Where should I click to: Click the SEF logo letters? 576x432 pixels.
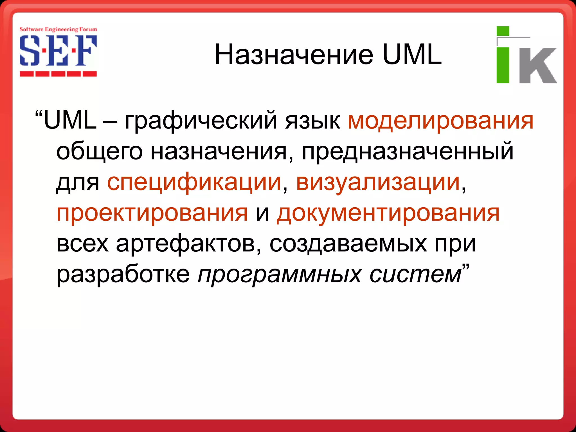[x=58, y=51]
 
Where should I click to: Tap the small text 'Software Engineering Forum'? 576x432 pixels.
[x=58, y=29]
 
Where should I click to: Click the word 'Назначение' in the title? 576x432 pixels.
[x=294, y=55]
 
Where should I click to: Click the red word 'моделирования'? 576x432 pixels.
[x=440, y=121]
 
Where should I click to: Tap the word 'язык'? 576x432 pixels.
[x=312, y=121]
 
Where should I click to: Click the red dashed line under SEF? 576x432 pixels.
[x=58, y=74]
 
